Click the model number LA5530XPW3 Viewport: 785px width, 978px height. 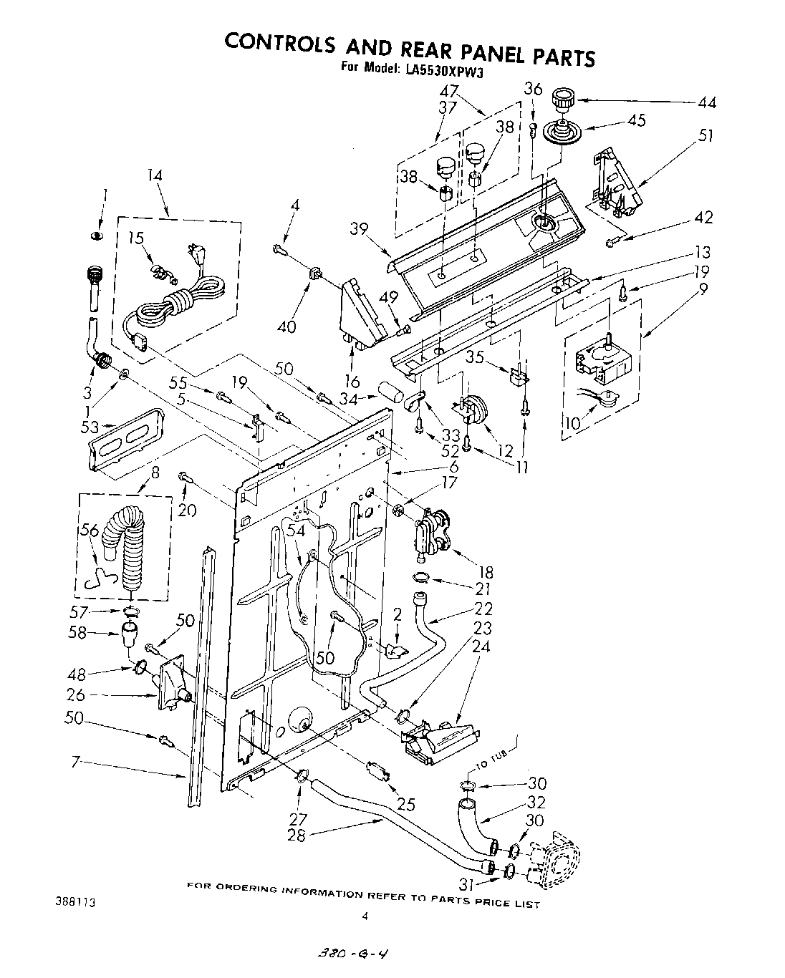coord(440,69)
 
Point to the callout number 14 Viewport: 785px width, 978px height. coord(155,175)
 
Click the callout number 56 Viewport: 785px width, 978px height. coord(90,531)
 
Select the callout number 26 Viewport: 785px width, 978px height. coord(76,694)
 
